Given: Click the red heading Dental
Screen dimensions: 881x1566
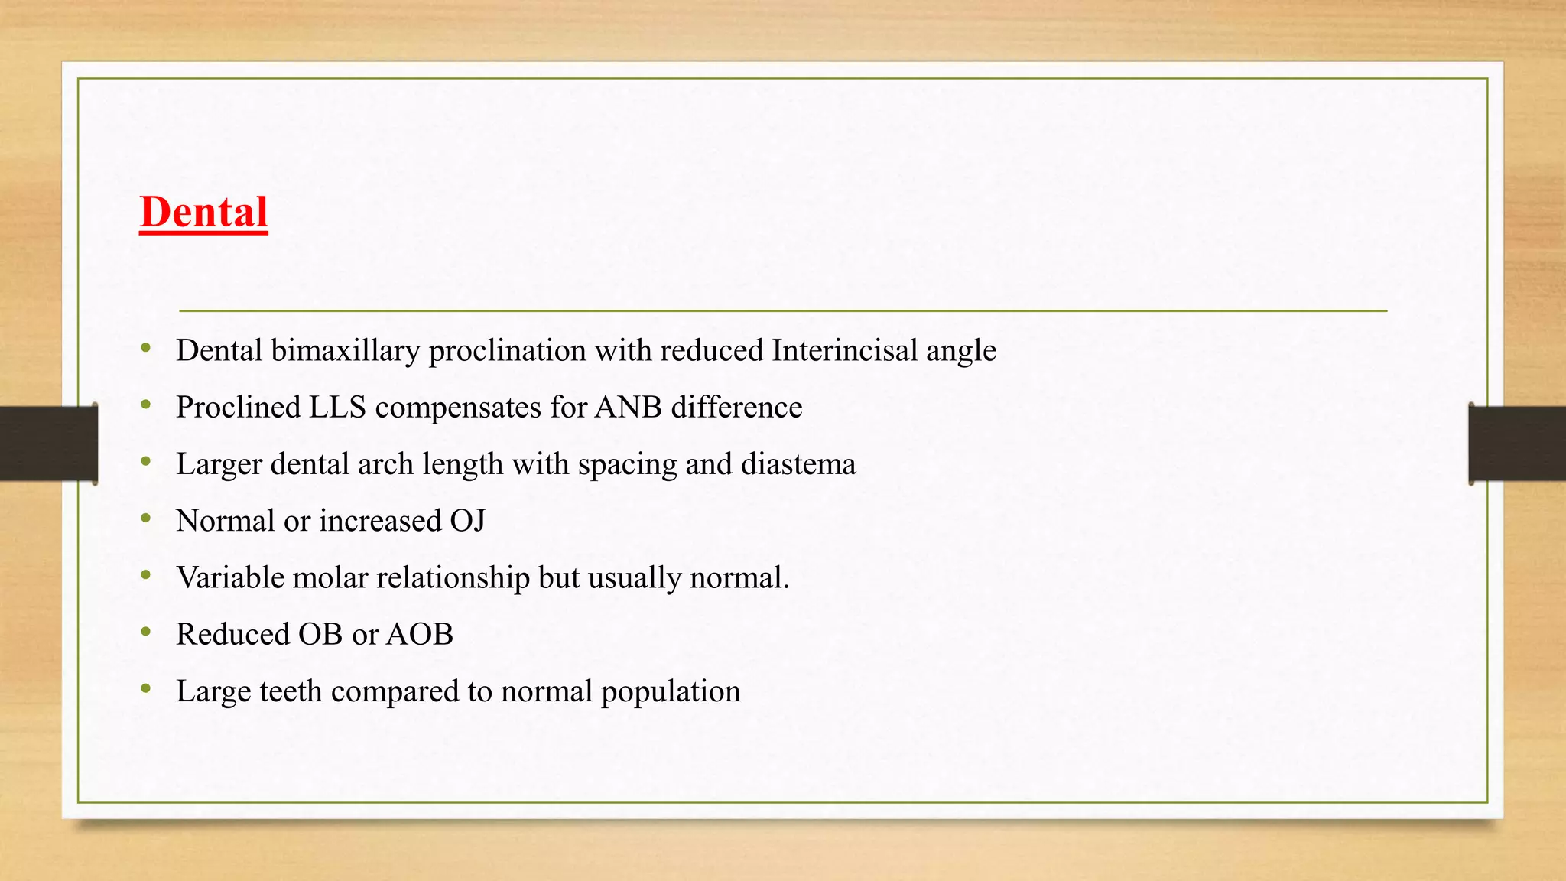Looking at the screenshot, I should [x=203, y=212].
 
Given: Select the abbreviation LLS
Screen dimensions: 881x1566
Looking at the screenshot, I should [x=337, y=408].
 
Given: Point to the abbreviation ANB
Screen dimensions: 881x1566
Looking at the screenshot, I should [x=628, y=408].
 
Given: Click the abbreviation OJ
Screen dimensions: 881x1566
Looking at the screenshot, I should [x=467, y=522].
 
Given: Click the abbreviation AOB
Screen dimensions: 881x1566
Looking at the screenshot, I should [x=419, y=635].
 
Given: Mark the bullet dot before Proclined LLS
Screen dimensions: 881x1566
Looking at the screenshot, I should [x=146, y=405].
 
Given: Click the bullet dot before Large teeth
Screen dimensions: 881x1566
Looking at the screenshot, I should [x=146, y=689].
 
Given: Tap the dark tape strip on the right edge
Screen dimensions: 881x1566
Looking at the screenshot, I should [x=1517, y=444].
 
